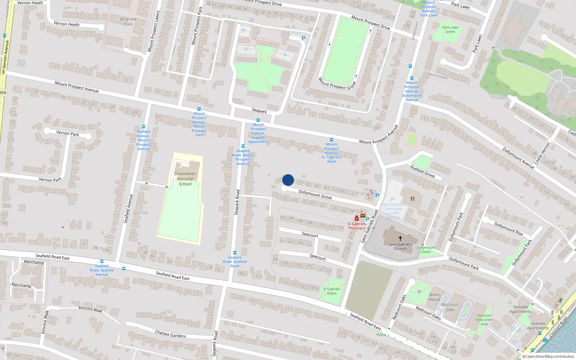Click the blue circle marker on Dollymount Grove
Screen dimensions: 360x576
point(288,180)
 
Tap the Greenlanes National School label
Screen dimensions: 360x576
point(185,179)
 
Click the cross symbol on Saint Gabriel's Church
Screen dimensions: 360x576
point(400,238)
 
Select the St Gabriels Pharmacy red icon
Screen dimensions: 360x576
point(356,218)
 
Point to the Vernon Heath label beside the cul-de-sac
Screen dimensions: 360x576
point(66,24)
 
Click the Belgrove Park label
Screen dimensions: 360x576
point(128,22)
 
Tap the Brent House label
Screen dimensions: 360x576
point(434,297)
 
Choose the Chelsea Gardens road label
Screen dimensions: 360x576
point(170,334)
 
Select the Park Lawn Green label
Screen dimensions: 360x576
point(450,30)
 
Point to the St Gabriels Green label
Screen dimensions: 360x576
point(331,291)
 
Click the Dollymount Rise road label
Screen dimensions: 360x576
point(508,229)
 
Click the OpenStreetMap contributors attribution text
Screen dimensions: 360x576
point(548,357)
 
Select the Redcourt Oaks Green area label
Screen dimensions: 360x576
point(484,320)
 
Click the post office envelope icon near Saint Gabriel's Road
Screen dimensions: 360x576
point(363,216)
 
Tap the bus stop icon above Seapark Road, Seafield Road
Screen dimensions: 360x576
point(235,253)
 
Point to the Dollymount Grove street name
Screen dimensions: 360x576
point(315,194)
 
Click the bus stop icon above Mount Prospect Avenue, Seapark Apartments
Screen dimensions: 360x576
point(258,120)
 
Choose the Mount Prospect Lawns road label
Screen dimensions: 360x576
point(153,31)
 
